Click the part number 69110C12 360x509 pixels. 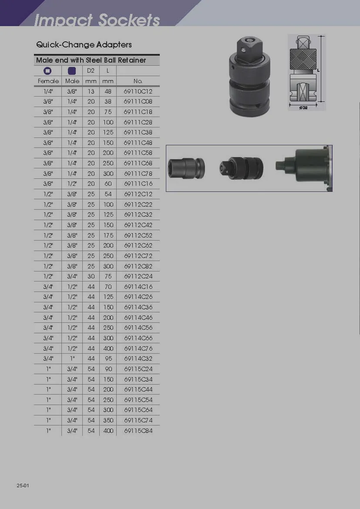(x=138, y=91)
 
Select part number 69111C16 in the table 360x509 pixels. (x=138, y=184)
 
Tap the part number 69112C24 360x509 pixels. (x=138, y=276)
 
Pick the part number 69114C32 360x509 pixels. (x=138, y=359)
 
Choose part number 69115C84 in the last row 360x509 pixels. (x=138, y=431)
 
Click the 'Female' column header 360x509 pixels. (x=48, y=81)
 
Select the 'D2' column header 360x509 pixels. (x=91, y=70)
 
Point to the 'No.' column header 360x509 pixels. (x=138, y=81)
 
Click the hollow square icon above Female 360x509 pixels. (x=47, y=71)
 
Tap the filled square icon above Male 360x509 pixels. (x=72, y=71)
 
